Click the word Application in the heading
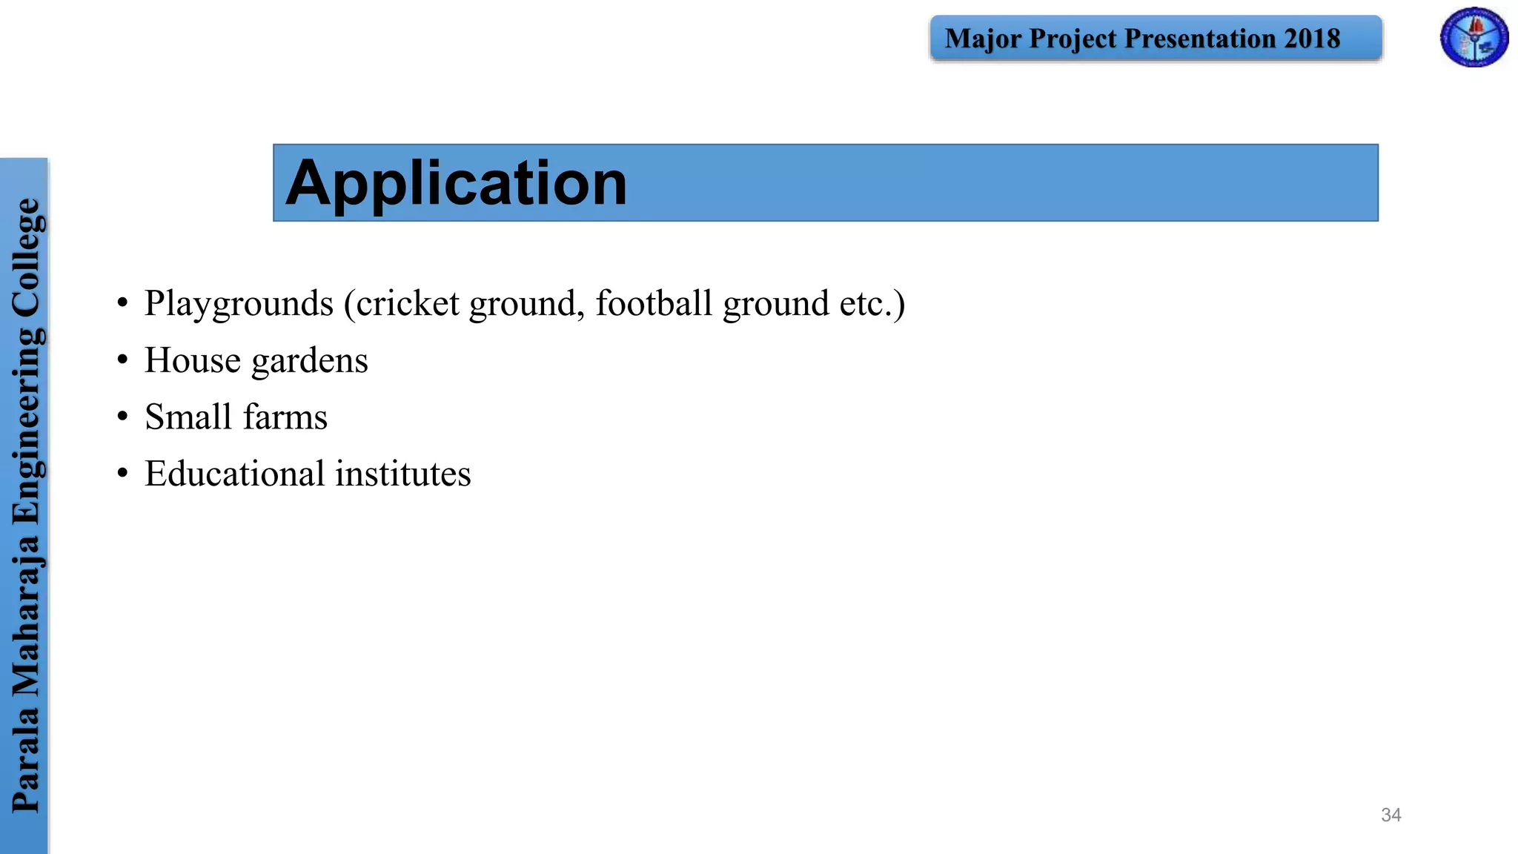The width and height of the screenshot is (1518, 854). (x=456, y=183)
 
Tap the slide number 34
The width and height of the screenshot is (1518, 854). (x=1391, y=815)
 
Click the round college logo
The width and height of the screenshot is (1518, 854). (x=1474, y=38)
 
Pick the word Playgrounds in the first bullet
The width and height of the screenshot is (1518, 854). (x=239, y=304)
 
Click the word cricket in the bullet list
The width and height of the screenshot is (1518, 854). (x=408, y=303)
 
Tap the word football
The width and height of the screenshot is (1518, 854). (x=654, y=303)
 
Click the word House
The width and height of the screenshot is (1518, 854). (x=193, y=360)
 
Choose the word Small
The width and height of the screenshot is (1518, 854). (x=188, y=417)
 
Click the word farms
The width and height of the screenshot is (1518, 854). (x=285, y=417)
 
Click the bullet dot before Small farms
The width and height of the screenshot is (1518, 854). (x=122, y=417)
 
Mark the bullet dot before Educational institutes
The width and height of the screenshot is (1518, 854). (x=122, y=474)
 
